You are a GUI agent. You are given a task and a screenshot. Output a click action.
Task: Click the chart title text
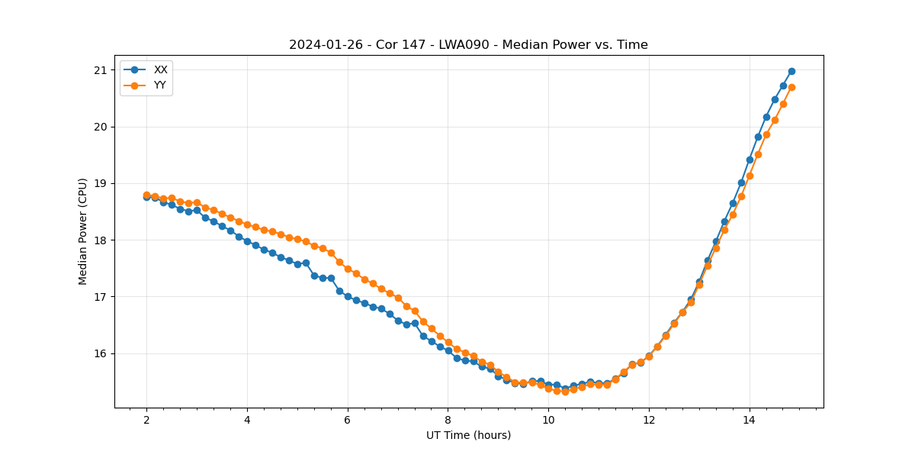[468, 45]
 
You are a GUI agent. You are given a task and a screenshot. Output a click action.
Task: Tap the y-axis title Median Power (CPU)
[83, 231]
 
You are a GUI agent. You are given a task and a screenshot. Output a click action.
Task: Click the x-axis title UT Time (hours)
[468, 435]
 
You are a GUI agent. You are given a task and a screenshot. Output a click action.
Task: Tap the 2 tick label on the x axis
[146, 421]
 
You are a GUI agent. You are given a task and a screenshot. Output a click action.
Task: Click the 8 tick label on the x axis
[448, 421]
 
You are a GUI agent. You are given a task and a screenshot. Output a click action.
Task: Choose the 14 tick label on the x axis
[750, 421]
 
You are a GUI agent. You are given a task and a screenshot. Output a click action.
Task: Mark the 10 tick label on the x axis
[548, 421]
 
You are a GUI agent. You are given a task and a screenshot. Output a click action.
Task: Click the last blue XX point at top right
[791, 71]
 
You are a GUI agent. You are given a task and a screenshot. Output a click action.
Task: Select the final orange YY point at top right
[791, 87]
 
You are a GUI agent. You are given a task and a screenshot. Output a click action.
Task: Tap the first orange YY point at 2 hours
[146, 195]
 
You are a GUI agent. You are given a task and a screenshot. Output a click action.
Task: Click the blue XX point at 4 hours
[247, 241]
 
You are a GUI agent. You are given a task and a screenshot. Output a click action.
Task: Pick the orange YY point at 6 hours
[348, 269]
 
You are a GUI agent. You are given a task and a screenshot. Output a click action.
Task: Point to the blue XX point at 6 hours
[348, 296]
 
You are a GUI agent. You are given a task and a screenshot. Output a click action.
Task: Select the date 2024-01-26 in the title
[320, 45]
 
